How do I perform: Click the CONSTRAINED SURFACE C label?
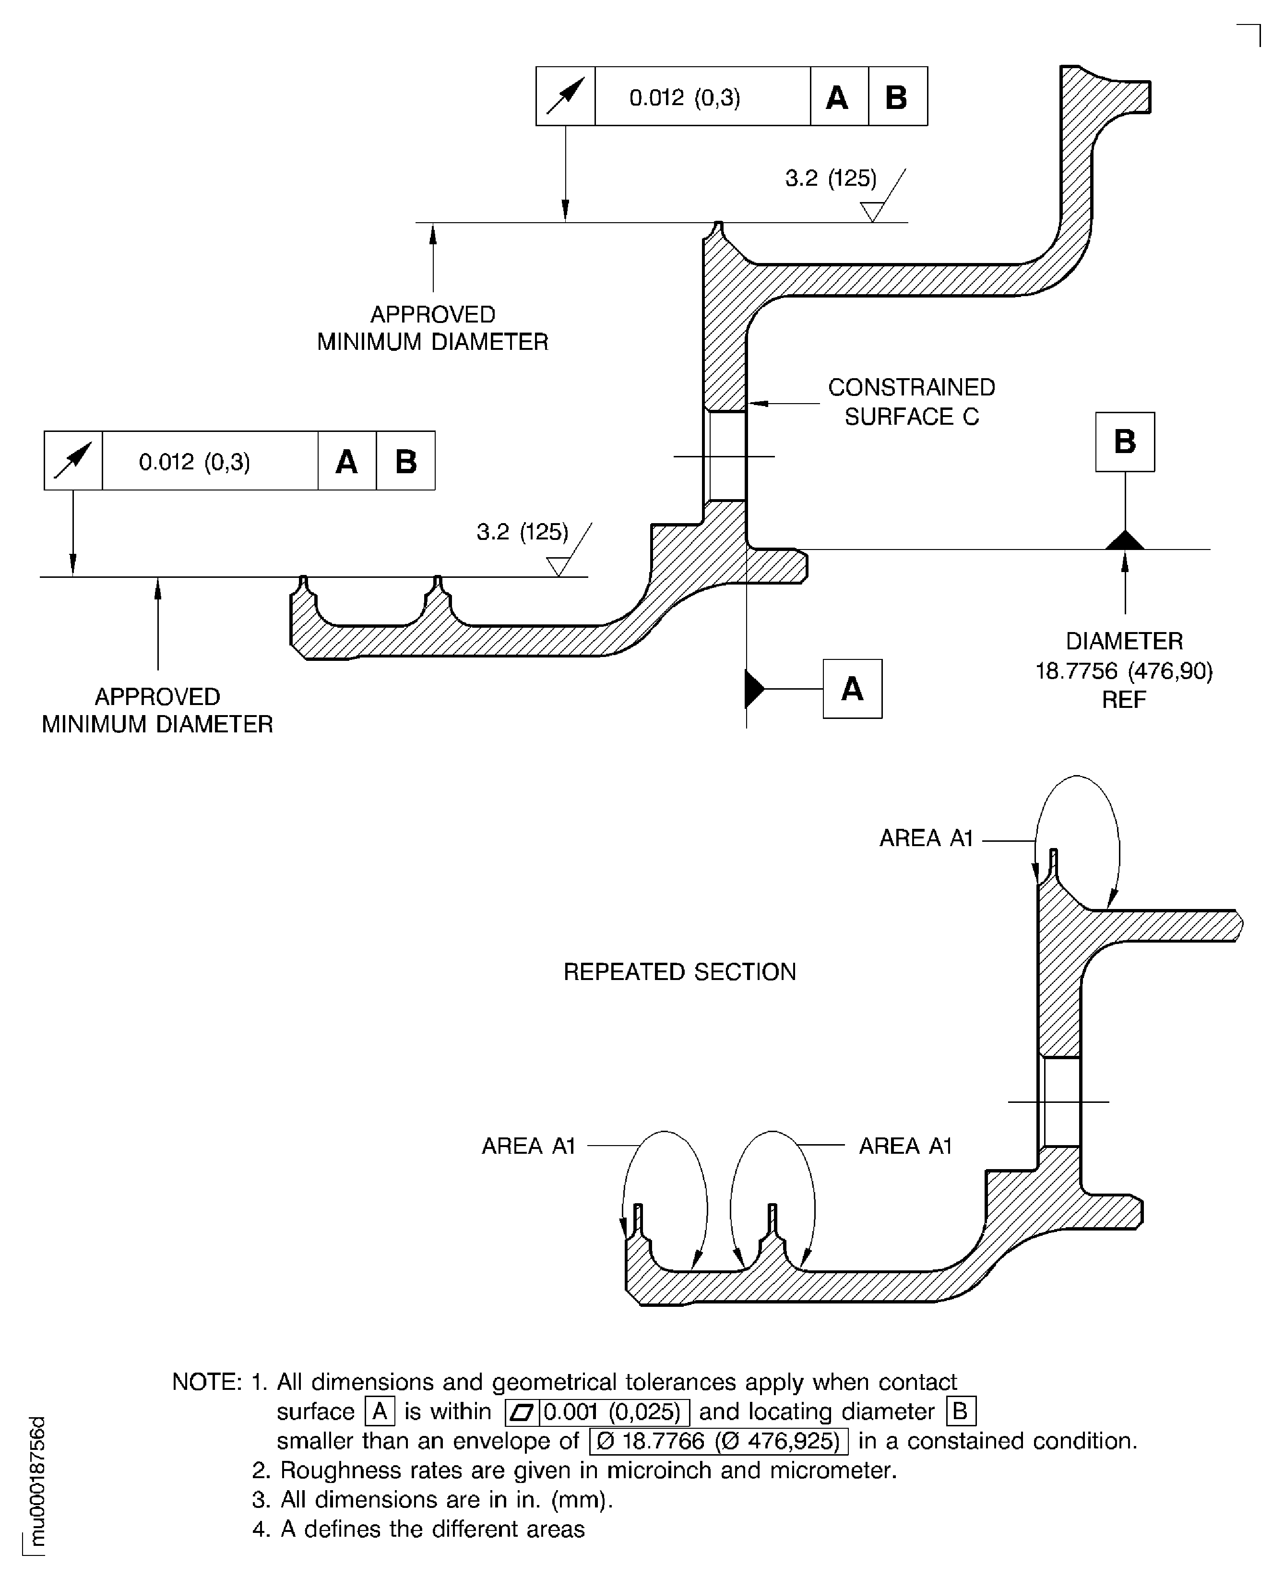[x=911, y=402]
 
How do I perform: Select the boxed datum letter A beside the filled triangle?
[x=852, y=689]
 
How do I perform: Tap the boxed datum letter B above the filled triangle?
[x=1124, y=442]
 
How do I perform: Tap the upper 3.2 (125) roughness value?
[x=831, y=178]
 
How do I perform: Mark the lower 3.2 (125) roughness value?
[x=522, y=532]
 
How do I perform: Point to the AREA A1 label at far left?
[x=528, y=1146]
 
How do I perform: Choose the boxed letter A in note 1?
[x=380, y=1411]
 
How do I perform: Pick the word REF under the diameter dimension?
[x=1124, y=700]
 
